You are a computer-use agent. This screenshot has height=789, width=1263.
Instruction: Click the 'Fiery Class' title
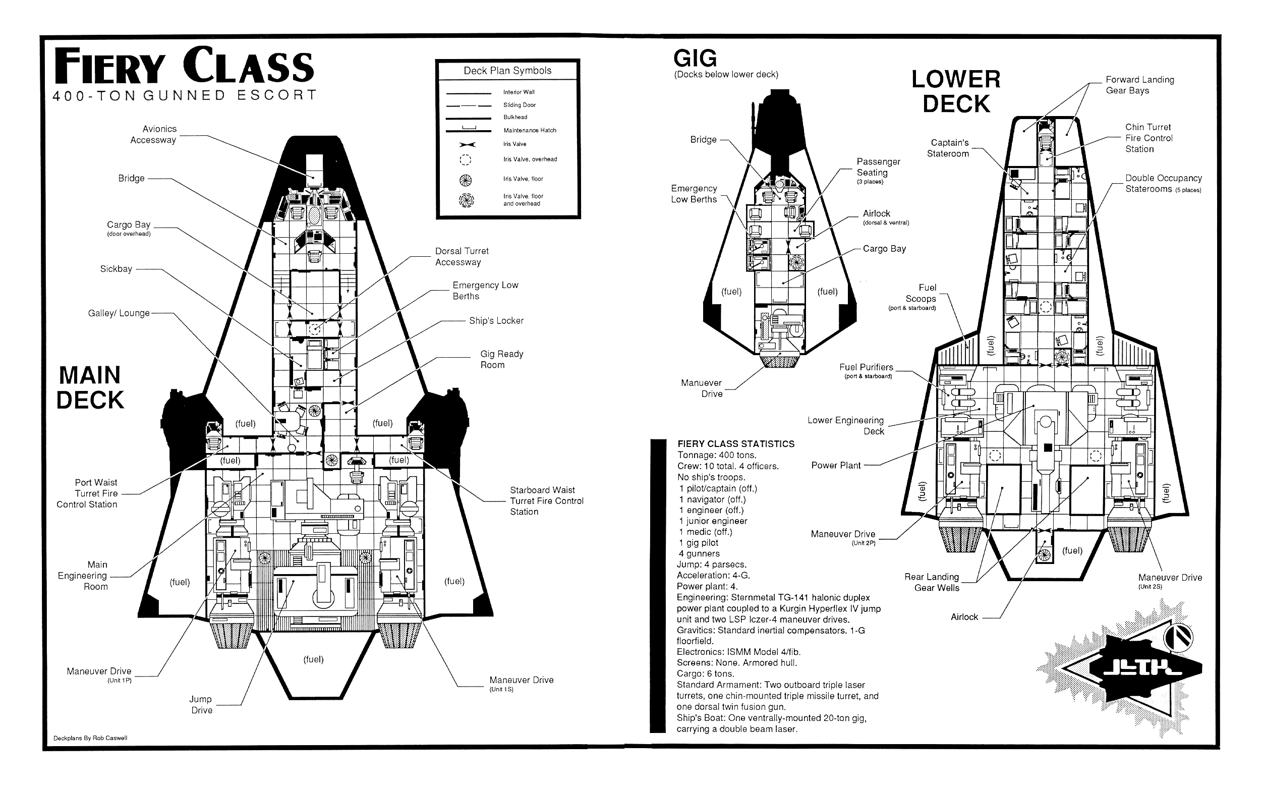point(184,66)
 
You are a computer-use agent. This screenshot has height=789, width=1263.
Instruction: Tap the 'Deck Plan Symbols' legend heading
point(507,71)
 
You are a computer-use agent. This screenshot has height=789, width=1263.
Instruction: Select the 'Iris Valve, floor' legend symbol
point(466,180)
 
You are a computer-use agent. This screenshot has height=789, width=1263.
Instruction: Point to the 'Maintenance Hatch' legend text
point(530,131)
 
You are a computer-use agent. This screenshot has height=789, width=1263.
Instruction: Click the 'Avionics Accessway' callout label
point(153,134)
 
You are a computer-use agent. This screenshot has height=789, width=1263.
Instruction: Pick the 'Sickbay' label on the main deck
point(116,269)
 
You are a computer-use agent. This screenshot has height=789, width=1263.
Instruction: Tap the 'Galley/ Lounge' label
point(119,313)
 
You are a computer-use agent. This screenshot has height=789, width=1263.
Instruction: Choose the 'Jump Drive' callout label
point(201,704)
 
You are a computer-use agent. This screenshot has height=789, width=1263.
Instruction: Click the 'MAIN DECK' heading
point(90,388)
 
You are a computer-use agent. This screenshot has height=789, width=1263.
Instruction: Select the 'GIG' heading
point(695,58)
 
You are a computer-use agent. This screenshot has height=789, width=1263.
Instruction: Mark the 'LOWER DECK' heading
point(956,92)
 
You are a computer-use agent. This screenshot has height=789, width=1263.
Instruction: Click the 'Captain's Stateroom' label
point(948,148)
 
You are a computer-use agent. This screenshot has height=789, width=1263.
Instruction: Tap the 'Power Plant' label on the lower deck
point(836,466)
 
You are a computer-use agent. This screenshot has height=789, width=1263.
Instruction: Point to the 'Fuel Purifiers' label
point(866,367)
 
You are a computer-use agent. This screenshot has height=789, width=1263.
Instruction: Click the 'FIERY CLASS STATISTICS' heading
point(735,443)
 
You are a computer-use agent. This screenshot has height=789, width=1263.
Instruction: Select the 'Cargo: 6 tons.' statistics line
point(705,673)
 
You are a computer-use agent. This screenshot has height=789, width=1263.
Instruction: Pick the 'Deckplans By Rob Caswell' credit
point(90,738)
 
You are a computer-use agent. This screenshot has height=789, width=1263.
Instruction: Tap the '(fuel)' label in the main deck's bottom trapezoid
point(313,659)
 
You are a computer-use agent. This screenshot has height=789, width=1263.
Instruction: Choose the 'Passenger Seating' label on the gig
point(878,167)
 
